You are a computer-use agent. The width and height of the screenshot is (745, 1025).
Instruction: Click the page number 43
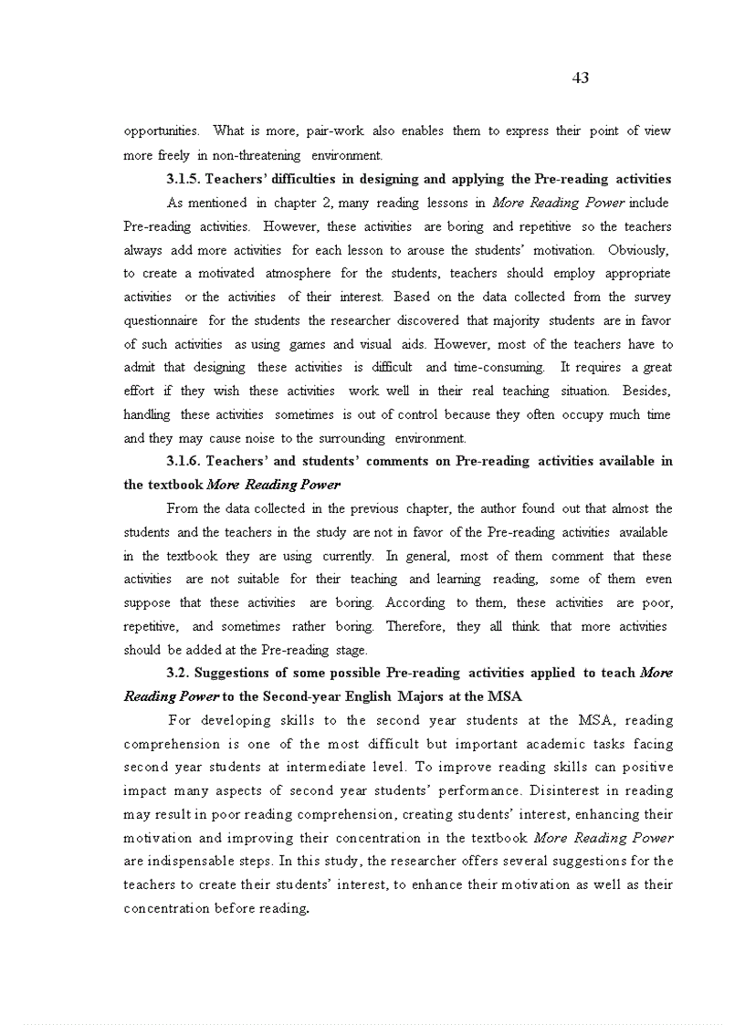point(580,78)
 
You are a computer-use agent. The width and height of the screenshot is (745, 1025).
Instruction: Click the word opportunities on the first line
point(161,131)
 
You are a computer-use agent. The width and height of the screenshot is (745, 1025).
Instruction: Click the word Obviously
point(639,249)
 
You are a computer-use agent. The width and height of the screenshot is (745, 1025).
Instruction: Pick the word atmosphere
point(297,273)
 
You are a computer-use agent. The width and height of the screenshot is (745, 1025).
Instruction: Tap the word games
point(308,344)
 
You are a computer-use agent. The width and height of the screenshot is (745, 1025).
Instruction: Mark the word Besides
point(646,391)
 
